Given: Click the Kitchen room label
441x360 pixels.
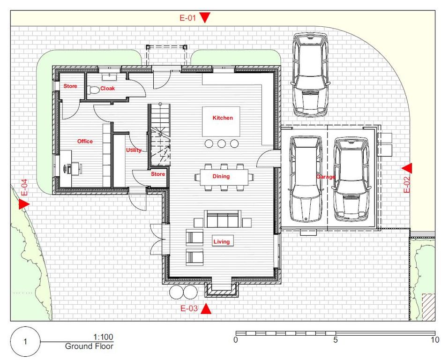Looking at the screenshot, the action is click(223, 118).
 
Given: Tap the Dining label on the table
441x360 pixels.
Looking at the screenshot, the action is click(221, 176).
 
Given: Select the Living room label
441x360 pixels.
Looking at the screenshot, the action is click(221, 241).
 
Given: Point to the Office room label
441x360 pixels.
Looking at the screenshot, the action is click(85, 141).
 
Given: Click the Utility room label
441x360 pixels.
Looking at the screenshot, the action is click(134, 150).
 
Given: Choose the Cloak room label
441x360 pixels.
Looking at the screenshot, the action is click(107, 88).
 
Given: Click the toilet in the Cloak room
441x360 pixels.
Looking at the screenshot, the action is click(93, 90).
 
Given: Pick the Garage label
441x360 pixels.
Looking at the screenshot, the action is click(326, 177).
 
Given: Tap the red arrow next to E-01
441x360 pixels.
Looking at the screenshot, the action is click(205, 17).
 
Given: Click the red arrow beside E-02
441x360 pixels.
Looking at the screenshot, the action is click(407, 168).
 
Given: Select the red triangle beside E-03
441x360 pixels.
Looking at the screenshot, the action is click(206, 308).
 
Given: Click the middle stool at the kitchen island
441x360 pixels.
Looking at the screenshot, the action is click(221, 144).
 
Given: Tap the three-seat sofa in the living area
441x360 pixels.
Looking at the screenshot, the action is click(223, 219).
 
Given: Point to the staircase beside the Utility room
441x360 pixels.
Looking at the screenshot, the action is click(159, 135).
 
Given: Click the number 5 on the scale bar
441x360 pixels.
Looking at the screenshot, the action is click(335, 340).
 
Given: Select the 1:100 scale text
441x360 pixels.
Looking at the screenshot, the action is click(103, 337).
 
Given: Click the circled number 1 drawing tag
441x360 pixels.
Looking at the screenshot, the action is click(25, 342).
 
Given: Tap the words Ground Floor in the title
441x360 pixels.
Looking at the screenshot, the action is click(89, 346).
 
